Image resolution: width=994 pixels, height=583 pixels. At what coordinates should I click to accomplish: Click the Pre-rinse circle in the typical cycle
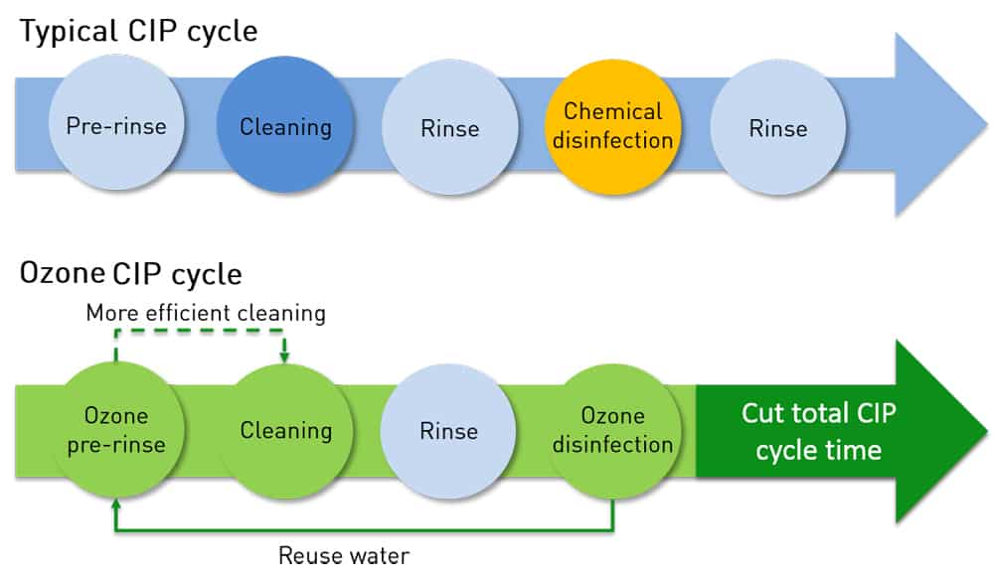116,125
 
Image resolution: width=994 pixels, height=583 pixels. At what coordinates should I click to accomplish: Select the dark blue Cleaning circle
285,125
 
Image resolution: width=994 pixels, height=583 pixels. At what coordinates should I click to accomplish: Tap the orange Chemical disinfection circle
613,125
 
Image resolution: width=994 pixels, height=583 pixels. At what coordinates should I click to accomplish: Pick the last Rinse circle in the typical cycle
777,127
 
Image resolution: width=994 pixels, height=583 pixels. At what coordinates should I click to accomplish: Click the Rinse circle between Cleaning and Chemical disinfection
449,127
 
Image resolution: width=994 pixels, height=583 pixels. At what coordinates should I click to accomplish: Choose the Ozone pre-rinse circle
116,429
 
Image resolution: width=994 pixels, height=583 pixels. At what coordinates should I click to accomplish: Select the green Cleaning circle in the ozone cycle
285,429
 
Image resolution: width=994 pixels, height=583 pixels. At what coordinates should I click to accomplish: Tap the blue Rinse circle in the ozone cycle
449,430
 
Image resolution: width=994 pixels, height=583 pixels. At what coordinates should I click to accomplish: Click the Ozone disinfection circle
613,429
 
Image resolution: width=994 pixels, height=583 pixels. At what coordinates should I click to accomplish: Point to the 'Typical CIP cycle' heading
139,32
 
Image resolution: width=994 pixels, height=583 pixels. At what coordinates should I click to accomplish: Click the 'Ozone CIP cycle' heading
131,272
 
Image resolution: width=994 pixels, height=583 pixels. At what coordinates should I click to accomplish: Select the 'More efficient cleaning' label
206,313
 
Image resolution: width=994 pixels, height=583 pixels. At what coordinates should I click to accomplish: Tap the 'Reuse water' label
344,555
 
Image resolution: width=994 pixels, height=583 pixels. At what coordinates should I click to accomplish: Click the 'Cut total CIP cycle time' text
818,431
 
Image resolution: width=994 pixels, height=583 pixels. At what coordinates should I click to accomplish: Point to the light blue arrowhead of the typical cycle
939,123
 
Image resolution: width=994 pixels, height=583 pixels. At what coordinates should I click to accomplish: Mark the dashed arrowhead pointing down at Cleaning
285,355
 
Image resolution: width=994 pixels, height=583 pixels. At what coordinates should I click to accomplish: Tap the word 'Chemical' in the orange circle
613,110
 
